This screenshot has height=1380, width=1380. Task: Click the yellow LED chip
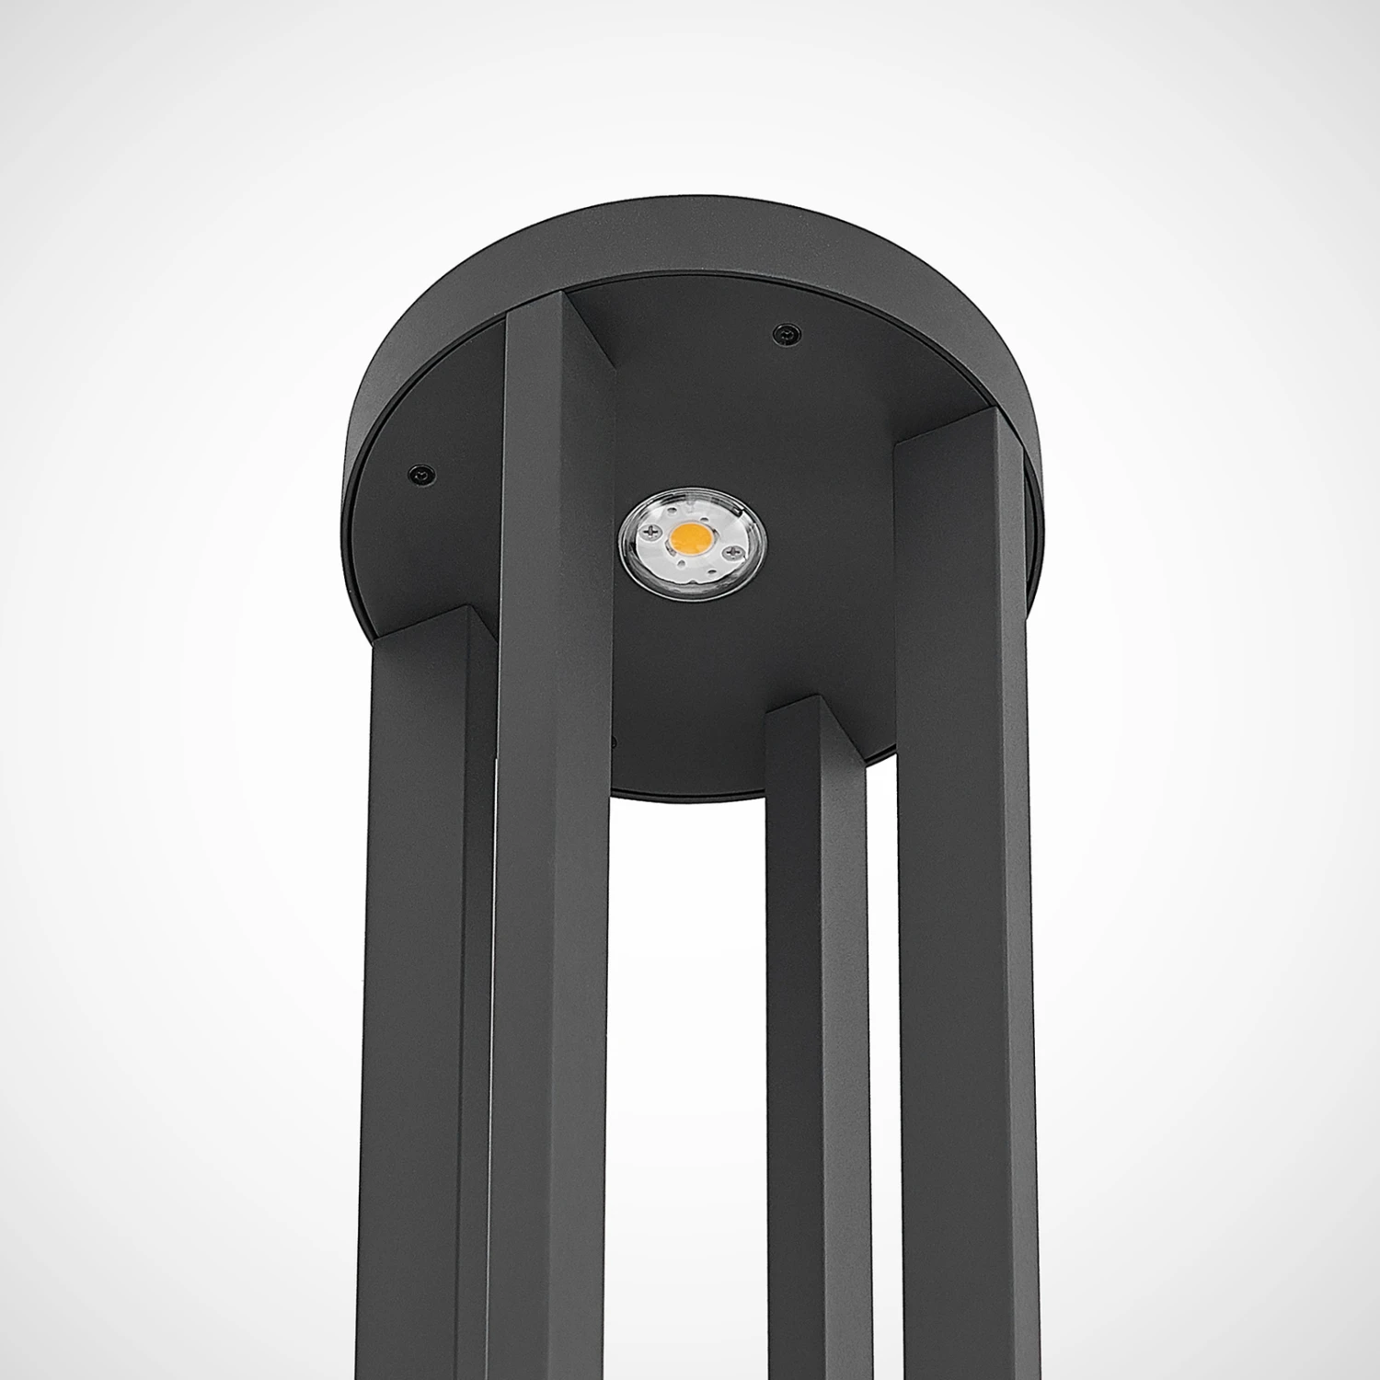[692, 537]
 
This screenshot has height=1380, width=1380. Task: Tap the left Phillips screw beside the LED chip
[653, 531]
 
